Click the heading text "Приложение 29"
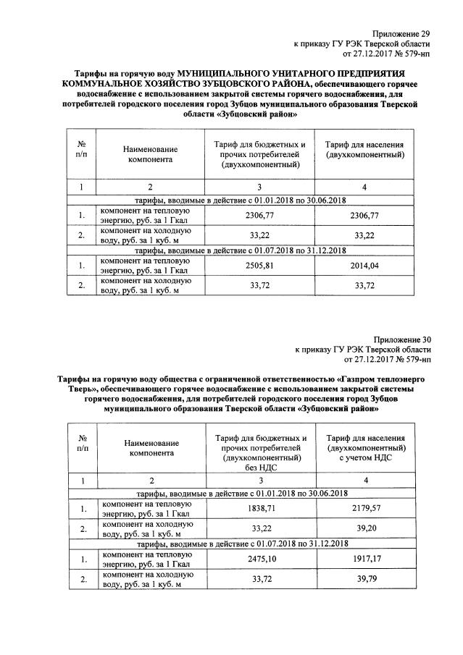click(x=401, y=33)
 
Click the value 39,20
click(x=364, y=529)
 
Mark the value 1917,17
click(x=364, y=559)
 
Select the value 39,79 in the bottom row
click(x=364, y=579)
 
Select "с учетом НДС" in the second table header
click(x=364, y=458)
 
